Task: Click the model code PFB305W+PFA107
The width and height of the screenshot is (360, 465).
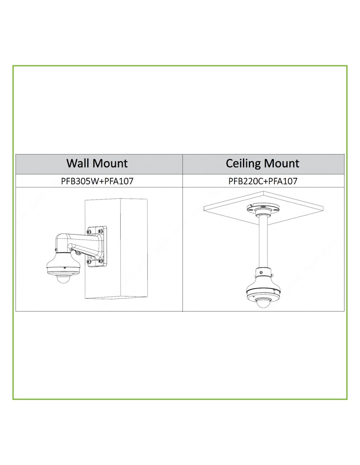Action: tap(97, 181)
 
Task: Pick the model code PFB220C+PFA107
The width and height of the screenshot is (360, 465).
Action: tap(263, 181)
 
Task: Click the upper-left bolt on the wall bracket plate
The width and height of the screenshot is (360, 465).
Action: tap(89, 232)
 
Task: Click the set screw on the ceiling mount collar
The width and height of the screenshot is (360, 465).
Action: tap(261, 272)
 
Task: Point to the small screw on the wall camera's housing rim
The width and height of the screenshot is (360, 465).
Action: tap(64, 268)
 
